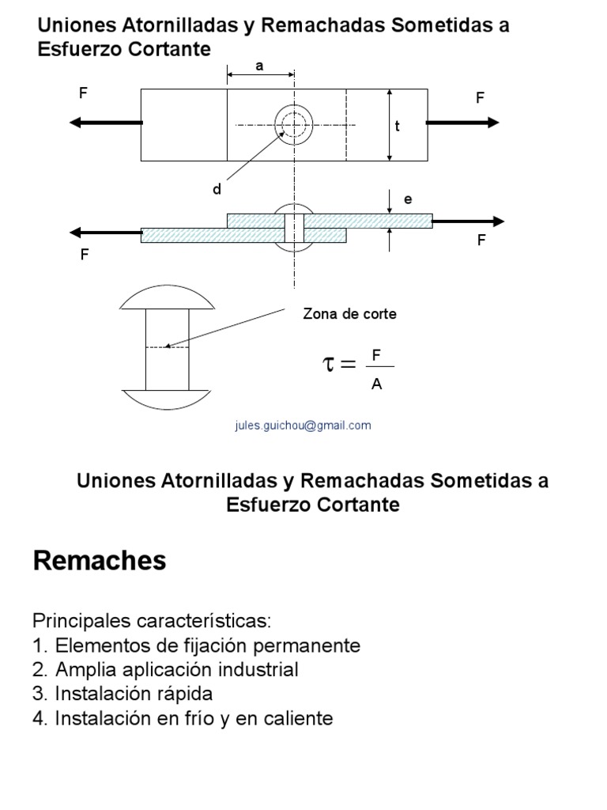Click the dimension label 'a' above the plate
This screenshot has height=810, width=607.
[259, 66]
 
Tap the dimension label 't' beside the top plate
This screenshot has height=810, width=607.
[398, 126]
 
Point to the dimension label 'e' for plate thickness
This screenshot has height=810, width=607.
[408, 199]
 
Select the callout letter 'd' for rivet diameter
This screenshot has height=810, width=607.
[216, 190]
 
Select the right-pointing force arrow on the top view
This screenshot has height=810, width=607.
[463, 122]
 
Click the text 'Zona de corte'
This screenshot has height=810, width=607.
[349, 314]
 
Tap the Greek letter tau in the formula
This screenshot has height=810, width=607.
[329, 365]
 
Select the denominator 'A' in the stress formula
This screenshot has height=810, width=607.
[377, 385]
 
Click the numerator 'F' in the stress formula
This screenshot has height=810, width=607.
[377, 355]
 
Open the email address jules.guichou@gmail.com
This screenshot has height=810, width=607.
[303, 425]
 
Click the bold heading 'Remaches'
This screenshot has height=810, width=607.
[100, 561]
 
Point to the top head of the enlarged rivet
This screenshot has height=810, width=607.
[168, 298]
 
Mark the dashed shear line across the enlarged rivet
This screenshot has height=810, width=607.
[168, 346]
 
